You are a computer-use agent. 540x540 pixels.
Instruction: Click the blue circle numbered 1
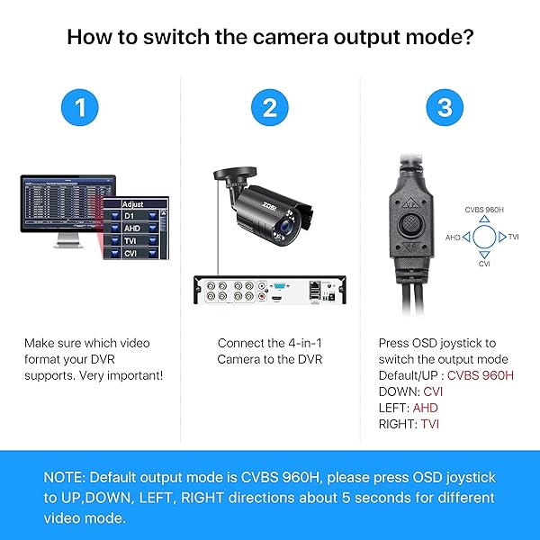80,109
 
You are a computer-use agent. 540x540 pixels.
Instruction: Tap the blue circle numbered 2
269,109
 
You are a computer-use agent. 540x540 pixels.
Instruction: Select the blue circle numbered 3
444,109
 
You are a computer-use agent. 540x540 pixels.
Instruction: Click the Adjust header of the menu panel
132,203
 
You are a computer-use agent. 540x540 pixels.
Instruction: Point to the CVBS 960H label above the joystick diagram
484,209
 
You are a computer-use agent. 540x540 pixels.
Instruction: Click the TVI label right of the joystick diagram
514,237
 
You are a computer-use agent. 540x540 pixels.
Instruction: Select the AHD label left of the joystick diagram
453,238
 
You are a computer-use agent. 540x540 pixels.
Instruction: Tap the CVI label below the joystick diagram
484,265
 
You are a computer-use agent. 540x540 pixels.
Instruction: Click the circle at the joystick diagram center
484,237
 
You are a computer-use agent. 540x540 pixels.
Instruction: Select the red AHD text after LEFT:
426,408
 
